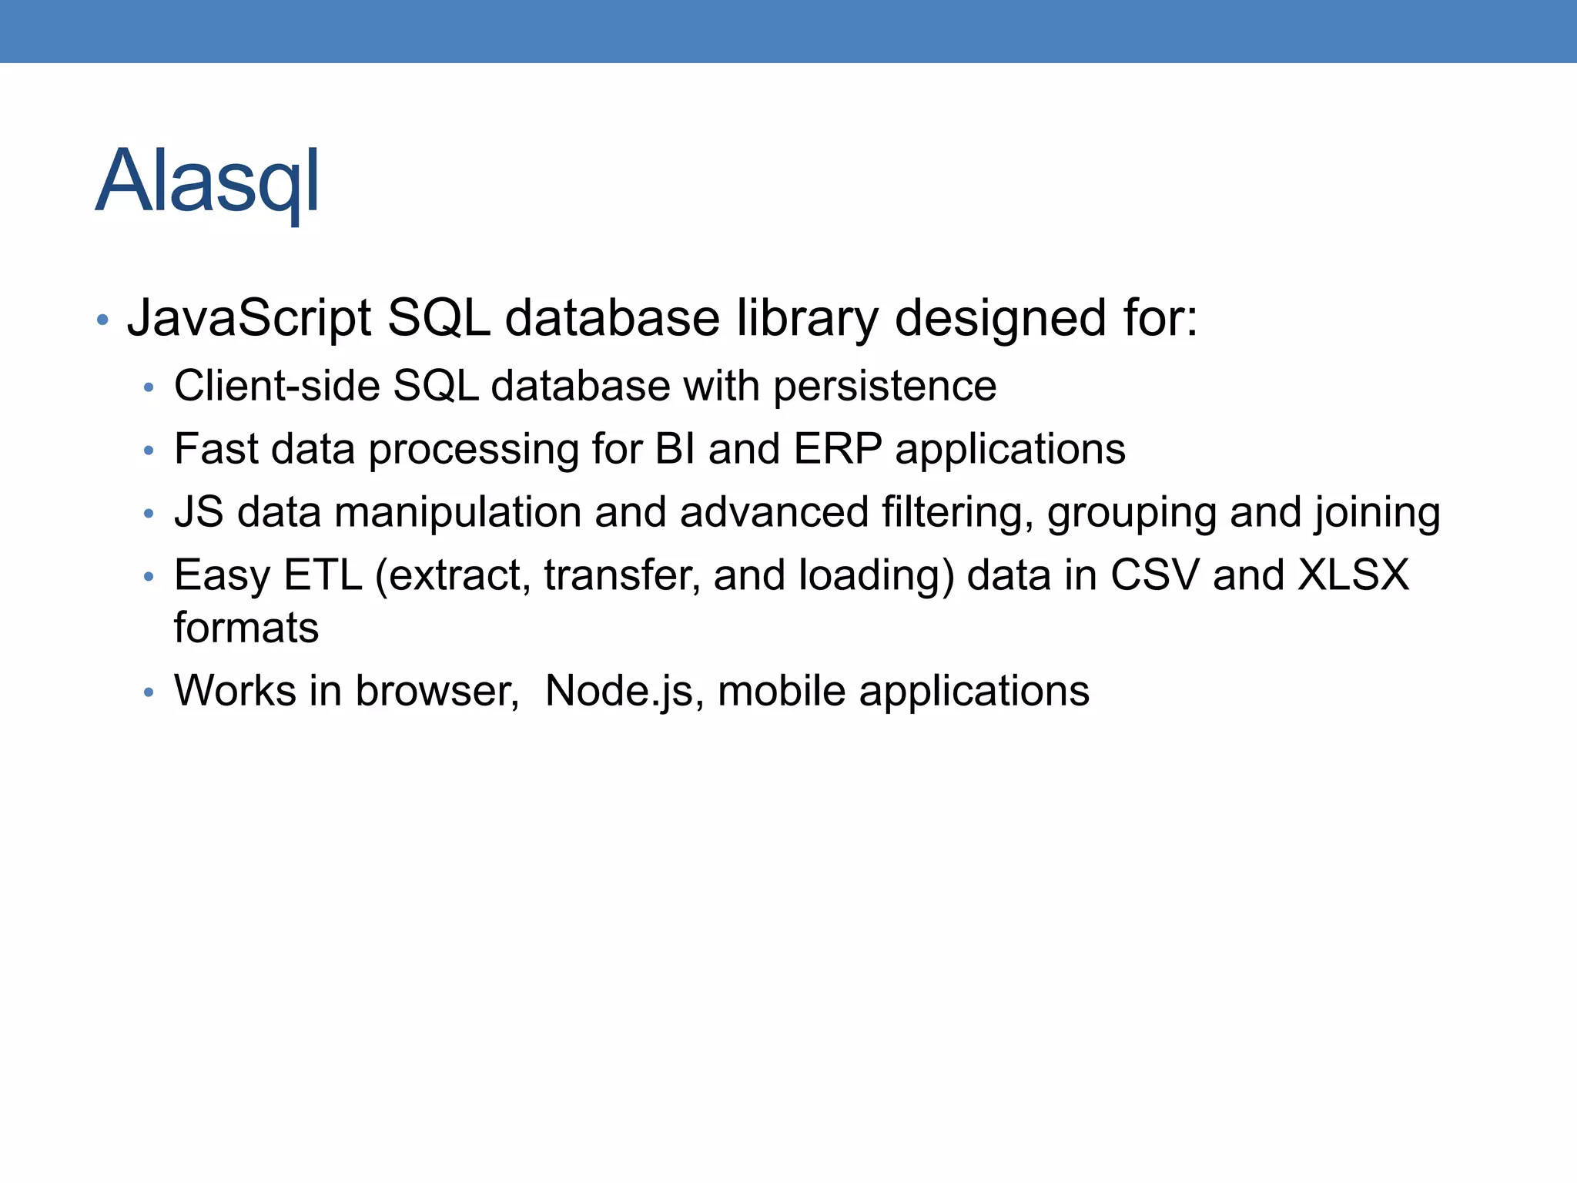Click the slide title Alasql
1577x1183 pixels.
pyautogui.click(x=208, y=183)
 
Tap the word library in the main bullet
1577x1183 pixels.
pyautogui.click(x=807, y=318)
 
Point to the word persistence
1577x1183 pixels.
pyautogui.click(x=885, y=387)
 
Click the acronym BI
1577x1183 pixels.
pyautogui.click(x=675, y=449)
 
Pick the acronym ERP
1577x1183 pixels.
pyautogui.click(x=838, y=449)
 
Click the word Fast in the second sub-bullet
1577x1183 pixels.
pyautogui.click(x=216, y=449)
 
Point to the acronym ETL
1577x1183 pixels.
pyautogui.click(x=323, y=575)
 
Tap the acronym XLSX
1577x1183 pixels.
pyautogui.click(x=1354, y=575)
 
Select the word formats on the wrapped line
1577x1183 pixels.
pyautogui.click(x=246, y=628)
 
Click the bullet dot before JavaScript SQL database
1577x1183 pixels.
pyautogui.click(x=102, y=319)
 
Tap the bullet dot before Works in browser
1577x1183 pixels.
pyautogui.click(x=149, y=692)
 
